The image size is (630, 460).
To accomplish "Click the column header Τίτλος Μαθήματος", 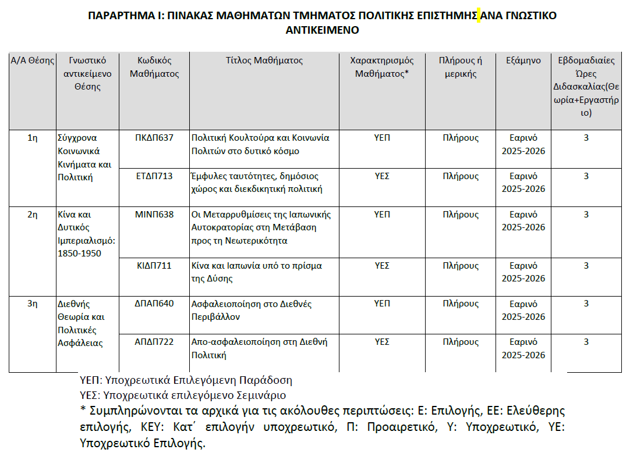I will coord(264,60).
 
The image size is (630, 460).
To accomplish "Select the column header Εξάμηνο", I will coord(523,60).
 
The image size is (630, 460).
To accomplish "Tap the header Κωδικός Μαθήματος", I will coord(154,67).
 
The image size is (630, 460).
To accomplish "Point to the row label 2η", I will coord(33,215).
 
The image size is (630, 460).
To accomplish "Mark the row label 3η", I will coord(33,304).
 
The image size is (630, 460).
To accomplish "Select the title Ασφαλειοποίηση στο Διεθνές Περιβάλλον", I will coord(252,310).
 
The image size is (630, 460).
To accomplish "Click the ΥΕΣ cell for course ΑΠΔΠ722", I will coord(381,342).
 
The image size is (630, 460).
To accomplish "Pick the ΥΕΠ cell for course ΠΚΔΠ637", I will coord(381,138).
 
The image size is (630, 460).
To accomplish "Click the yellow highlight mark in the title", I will coord(479,16).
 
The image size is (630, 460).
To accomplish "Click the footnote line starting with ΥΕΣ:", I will coord(182,395).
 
